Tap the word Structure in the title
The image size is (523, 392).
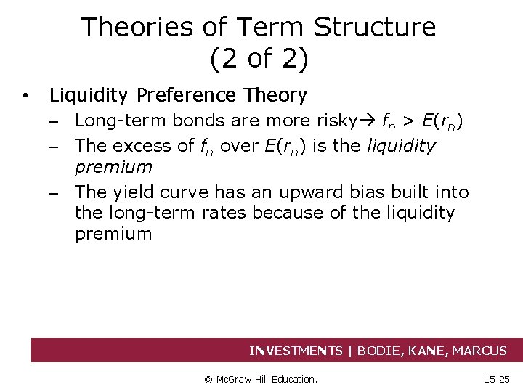point(376,28)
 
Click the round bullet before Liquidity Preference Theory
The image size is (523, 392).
point(25,96)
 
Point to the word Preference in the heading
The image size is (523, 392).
point(185,95)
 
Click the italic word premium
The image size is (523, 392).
point(113,167)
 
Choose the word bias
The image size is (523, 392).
point(369,192)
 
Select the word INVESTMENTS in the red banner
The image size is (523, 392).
point(296,351)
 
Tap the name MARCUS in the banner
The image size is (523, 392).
point(479,351)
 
